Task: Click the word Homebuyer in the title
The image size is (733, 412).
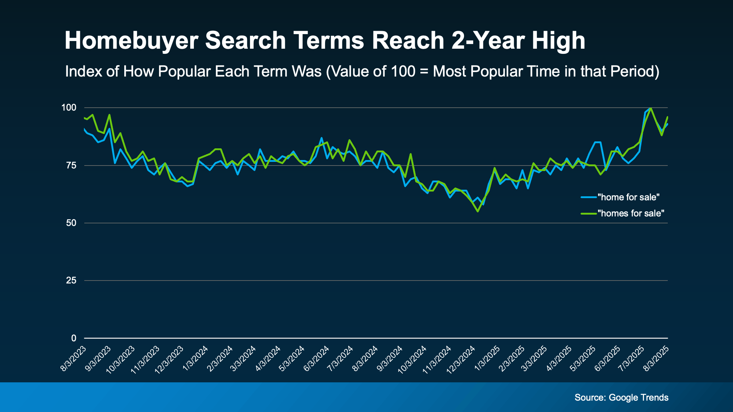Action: tap(131, 40)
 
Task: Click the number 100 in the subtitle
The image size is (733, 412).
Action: tap(403, 71)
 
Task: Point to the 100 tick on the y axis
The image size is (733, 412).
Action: tap(69, 108)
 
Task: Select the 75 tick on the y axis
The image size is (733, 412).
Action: tap(71, 166)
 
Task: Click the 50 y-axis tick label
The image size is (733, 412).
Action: tap(71, 223)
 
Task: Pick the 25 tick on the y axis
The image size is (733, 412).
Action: tap(71, 281)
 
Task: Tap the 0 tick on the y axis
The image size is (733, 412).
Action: tap(74, 338)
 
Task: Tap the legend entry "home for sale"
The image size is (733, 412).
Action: tap(628, 197)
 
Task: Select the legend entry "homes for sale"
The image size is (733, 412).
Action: tap(630, 214)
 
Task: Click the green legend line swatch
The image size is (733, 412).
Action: tap(589, 214)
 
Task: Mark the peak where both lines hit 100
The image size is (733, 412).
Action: tap(651, 108)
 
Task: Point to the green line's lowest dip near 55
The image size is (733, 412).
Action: tap(478, 211)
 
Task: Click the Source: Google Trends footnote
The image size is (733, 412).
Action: tap(621, 398)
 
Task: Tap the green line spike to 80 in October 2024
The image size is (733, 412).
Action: tap(410, 154)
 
